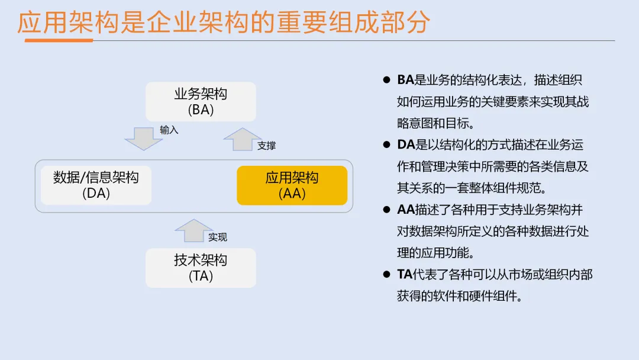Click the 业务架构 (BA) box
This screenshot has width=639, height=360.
(201, 101)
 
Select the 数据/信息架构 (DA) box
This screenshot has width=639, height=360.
(96, 185)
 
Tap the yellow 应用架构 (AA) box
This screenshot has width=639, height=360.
(292, 185)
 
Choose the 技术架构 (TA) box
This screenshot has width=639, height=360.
(201, 268)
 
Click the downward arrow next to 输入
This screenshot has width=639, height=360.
(143, 139)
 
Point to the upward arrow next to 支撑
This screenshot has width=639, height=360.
(243, 139)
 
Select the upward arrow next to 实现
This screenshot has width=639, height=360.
(194, 230)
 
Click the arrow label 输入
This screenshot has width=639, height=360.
(169, 130)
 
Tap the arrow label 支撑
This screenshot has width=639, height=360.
(266, 146)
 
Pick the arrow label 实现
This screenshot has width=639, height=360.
(218, 237)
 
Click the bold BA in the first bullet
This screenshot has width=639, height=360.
(405, 80)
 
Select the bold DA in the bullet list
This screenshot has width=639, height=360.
(406, 144)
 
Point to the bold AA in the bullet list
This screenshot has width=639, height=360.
(406, 210)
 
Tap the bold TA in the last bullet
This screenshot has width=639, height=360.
(405, 274)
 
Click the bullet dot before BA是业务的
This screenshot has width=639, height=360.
(387, 80)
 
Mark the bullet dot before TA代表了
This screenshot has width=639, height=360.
(387, 274)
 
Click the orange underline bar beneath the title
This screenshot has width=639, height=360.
(59, 40)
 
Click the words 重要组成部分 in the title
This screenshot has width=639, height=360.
(353, 22)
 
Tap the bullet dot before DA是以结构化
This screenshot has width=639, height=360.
(387, 144)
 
